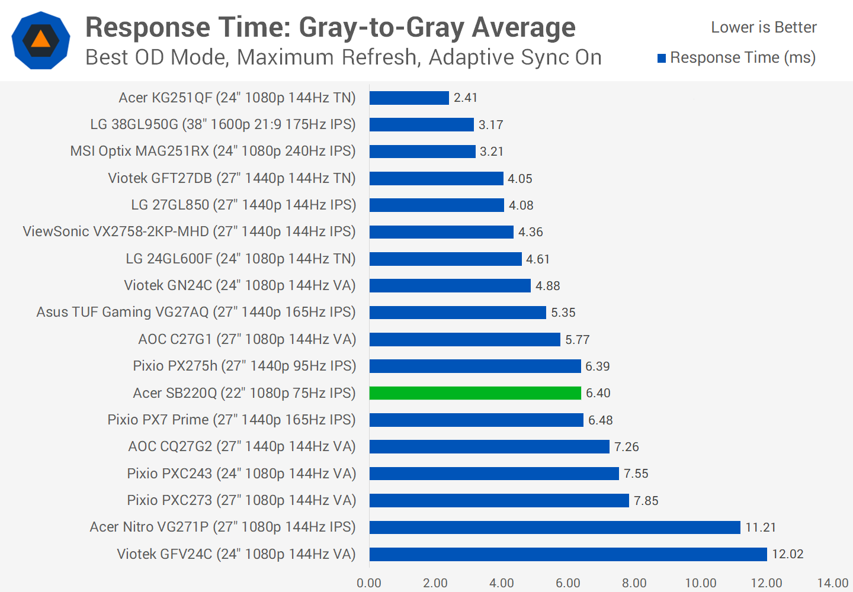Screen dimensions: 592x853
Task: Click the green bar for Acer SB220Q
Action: (475, 393)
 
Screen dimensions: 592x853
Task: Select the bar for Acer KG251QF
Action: (409, 98)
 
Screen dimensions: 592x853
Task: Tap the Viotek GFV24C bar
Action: (568, 554)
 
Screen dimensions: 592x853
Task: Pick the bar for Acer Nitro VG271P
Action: (554, 527)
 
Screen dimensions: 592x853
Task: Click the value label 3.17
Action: (491, 125)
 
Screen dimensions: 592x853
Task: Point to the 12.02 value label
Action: (788, 554)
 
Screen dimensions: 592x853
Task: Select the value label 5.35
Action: (563, 313)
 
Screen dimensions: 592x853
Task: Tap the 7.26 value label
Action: (627, 447)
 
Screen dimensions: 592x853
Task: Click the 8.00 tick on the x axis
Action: (634, 583)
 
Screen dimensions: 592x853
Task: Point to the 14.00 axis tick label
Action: (833, 583)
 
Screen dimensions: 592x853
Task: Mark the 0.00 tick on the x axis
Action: (369, 583)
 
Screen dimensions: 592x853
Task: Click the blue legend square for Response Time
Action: (662, 58)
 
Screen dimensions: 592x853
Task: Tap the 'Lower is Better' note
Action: (764, 27)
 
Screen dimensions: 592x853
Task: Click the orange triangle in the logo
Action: (40, 40)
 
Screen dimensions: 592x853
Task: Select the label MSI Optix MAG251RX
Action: (213, 151)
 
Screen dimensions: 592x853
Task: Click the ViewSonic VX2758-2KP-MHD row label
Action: (189, 231)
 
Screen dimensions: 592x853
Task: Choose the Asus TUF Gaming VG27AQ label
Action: (196, 312)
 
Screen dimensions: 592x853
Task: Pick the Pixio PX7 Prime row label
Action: (232, 420)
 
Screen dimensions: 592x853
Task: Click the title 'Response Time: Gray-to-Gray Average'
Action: (330, 27)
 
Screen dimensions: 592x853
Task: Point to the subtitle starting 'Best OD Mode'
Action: (344, 57)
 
